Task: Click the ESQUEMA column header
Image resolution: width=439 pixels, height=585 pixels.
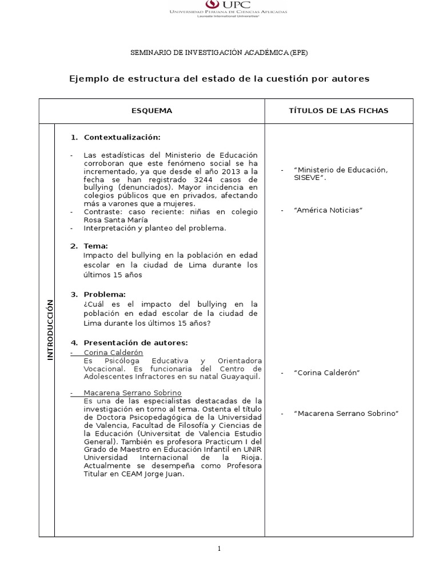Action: [x=151, y=111]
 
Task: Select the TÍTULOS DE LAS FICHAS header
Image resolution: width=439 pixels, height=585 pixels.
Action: [x=338, y=111]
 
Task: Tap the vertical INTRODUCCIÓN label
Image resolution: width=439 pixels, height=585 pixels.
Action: [x=49, y=330]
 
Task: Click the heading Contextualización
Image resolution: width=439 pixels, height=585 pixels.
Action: [x=122, y=138]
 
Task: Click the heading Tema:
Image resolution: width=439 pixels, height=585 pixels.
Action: [x=95, y=246]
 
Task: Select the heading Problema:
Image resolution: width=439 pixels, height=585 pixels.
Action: [x=105, y=294]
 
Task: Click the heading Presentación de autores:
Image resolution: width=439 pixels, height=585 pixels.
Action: [x=135, y=343]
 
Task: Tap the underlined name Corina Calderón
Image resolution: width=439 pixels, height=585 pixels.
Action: [x=113, y=353]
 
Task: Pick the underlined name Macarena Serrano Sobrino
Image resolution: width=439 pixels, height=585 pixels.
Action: [x=132, y=393]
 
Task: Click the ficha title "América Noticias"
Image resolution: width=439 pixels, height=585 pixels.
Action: [x=328, y=210]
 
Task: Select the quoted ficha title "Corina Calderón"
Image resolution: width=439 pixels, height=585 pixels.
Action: [x=326, y=373]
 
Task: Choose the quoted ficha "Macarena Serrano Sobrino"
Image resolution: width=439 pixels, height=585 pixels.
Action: [x=345, y=413]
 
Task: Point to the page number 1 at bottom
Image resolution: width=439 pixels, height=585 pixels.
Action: [x=219, y=549]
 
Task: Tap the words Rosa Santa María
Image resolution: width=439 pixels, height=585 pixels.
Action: [x=115, y=220]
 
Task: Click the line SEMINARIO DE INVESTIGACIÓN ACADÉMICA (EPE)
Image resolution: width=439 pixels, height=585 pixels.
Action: [x=219, y=53]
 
